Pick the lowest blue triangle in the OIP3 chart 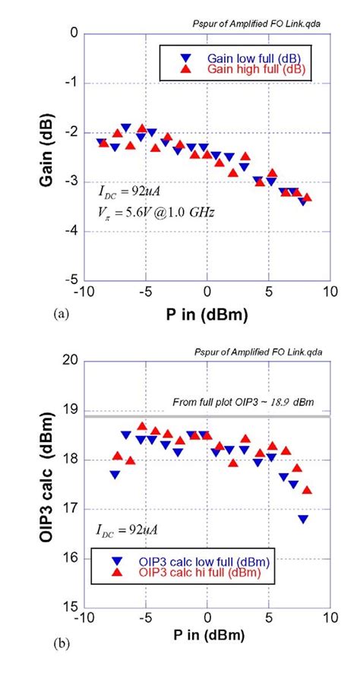click(303, 520)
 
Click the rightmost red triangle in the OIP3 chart click(307, 490)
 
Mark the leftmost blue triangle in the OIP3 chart click(115, 475)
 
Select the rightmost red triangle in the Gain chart click(307, 197)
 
